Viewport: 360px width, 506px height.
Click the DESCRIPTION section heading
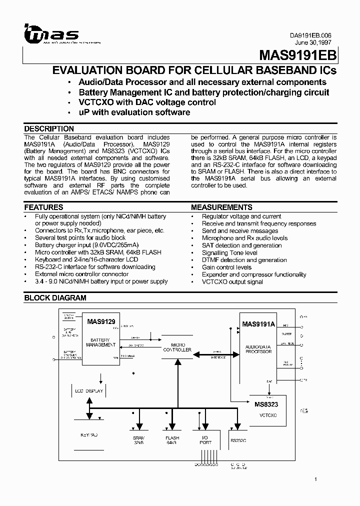[49, 128]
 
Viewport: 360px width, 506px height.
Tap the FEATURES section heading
[44, 207]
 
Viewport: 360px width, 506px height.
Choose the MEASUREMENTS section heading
[221, 207]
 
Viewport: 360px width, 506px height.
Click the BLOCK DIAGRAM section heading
[55, 298]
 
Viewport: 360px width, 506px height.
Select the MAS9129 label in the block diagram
[101, 321]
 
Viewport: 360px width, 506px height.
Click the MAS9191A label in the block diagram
[258, 324]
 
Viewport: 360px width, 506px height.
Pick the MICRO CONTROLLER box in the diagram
[177, 347]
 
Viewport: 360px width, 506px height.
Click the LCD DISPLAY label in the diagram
[89, 391]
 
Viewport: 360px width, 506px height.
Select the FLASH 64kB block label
[171, 440]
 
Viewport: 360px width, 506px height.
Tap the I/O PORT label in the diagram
[205, 440]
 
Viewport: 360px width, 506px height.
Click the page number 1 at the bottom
[315, 479]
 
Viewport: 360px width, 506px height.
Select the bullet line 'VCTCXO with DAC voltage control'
[147, 102]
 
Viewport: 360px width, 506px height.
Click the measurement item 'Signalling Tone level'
[229, 253]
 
